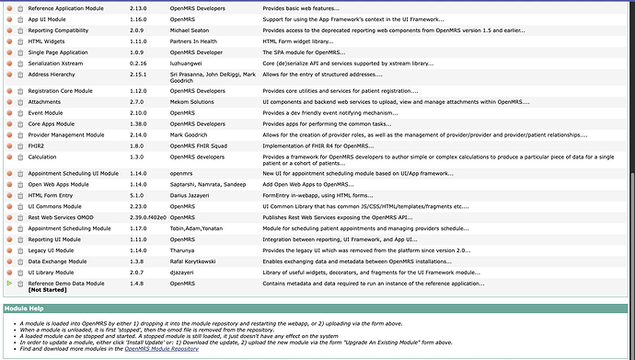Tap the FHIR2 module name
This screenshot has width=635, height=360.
[x=39, y=145]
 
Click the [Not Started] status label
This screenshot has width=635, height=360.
[x=47, y=289]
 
